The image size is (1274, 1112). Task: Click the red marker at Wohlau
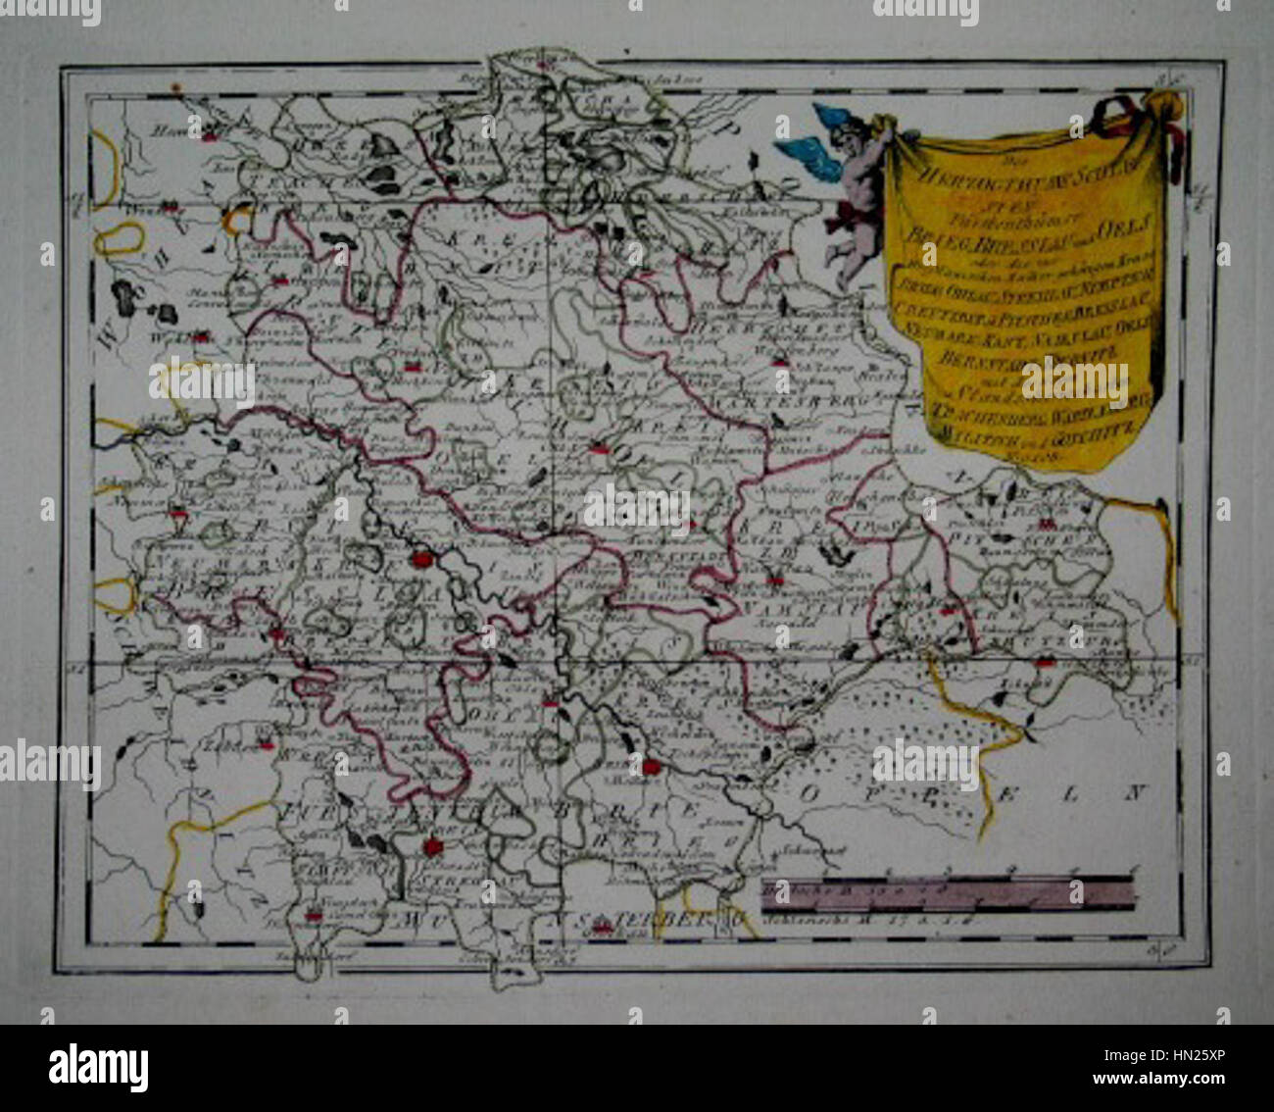tap(201, 336)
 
